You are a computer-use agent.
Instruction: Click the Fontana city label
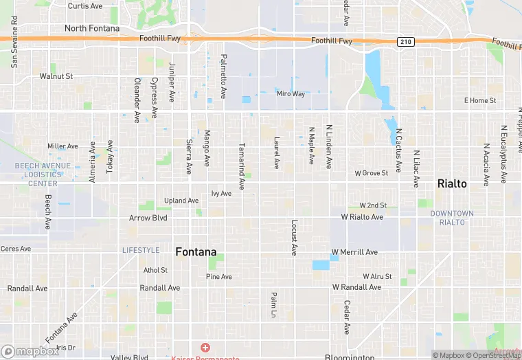pos(196,251)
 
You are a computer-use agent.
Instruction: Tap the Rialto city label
pos(453,183)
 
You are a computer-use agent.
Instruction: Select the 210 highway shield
pos(405,42)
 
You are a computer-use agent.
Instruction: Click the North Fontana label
pos(91,28)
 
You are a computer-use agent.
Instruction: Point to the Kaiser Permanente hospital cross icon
pos(205,348)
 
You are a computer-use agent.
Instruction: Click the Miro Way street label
pos(290,93)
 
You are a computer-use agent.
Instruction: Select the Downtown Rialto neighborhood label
pos(452,217)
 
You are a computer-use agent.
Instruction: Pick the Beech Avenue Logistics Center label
pos(43,175)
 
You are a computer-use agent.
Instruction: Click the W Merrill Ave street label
pos(354,252)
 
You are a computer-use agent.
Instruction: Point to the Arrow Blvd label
pos(148,218)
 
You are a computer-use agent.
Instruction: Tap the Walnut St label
pos(56,76)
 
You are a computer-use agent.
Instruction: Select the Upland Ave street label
pos(181,201)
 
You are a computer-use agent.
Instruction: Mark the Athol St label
pos(155,270)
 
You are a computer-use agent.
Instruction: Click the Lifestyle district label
pos(141,250)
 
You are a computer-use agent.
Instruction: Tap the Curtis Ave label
pos(85,5)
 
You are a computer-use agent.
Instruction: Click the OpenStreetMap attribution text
pos(493,355)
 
